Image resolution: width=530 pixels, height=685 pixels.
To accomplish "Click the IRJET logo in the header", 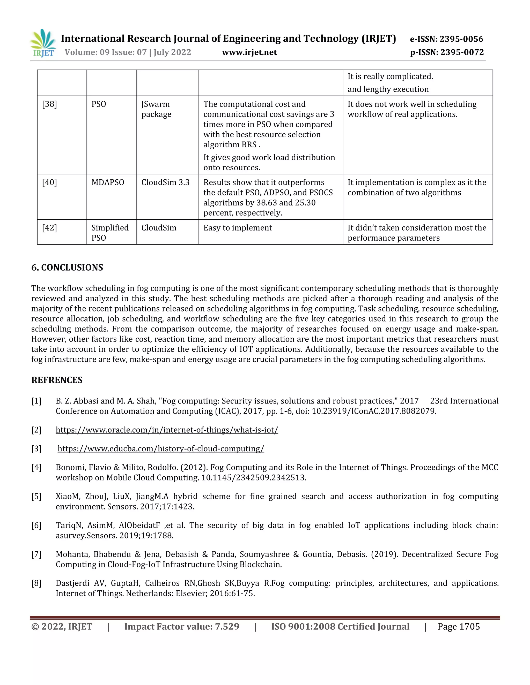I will coord(43,43).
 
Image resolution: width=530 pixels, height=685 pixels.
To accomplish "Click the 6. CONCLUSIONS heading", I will coord(67,268).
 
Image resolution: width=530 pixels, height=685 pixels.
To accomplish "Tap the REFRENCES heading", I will coord(57,380).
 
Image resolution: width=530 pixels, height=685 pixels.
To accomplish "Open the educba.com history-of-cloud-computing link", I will coord(161,448).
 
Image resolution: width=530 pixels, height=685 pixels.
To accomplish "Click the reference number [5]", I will coord(36,497).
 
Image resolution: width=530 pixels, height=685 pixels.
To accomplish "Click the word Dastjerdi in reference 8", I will coord(72,583).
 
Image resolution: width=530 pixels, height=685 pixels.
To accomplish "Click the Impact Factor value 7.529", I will coord(227,627).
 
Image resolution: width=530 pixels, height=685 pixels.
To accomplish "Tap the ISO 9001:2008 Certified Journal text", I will coord(340,627).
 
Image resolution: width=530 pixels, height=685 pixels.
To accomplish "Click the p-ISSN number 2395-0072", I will coord(462,52).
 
